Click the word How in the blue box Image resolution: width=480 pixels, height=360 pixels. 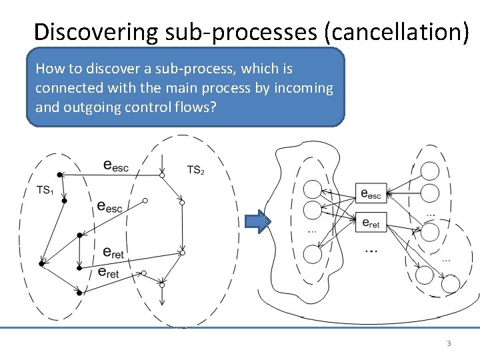point(49,69)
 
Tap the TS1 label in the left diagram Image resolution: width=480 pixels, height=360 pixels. point(45,191)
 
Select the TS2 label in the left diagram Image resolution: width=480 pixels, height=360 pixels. point(195,170)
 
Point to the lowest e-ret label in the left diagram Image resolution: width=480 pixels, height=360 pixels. point(108,272)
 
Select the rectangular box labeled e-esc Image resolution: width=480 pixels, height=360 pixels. point(370,194)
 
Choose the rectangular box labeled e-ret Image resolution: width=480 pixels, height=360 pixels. point(370,223)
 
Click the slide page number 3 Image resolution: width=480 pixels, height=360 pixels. point(448,343)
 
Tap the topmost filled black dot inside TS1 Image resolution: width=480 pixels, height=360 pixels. point(59,175)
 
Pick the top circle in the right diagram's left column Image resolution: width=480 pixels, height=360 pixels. point(312,189)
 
